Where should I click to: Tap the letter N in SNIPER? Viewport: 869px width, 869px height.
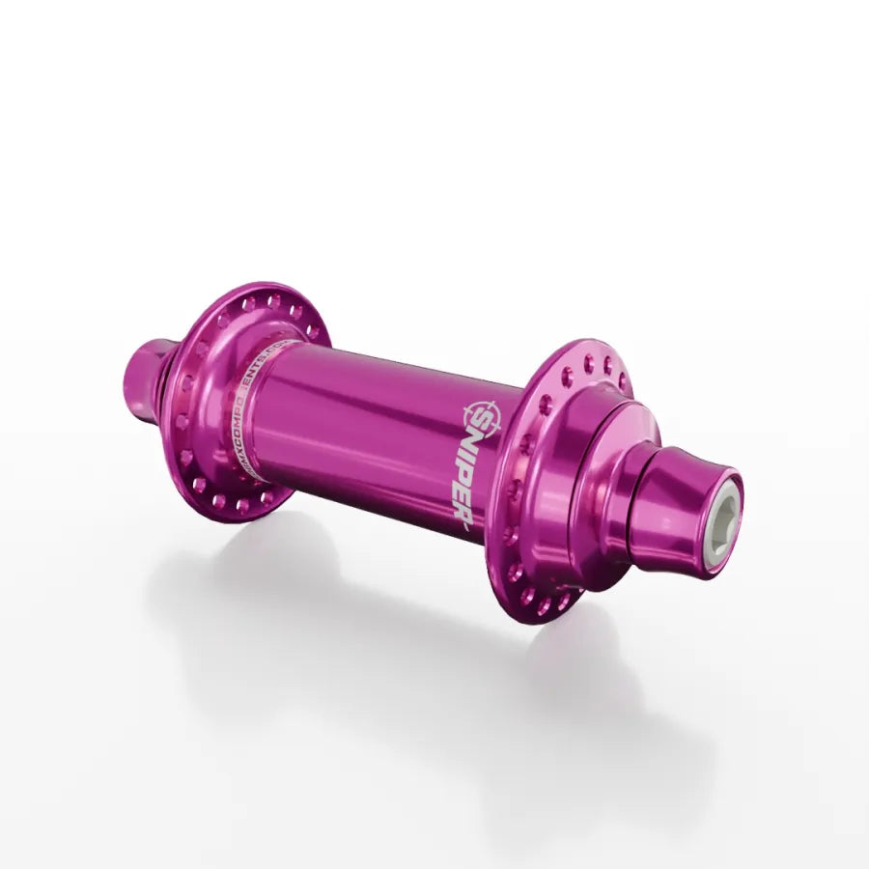click(479, 442)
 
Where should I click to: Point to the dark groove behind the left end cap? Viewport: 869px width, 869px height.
click(173, 377)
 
